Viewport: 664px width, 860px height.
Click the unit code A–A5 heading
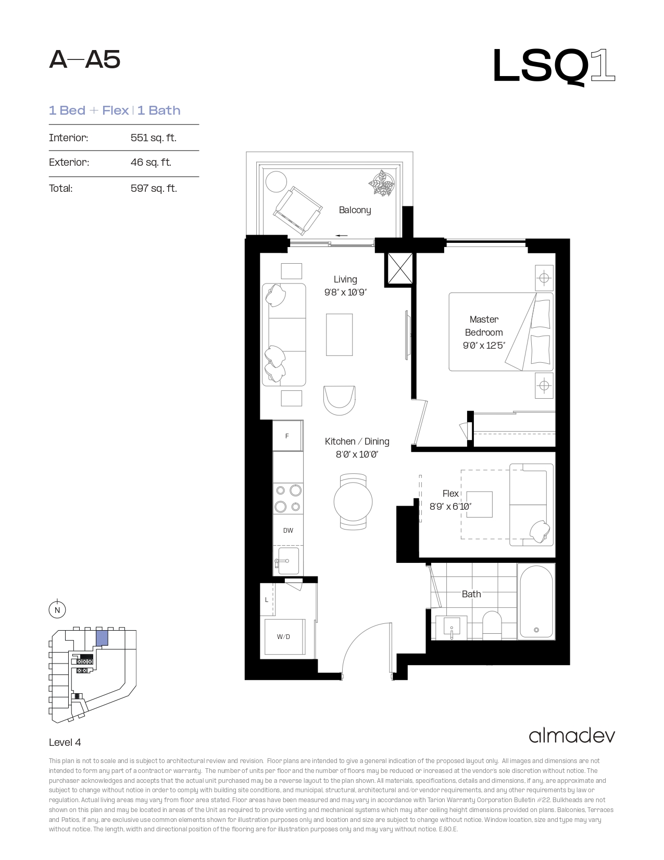(x=84, y=60)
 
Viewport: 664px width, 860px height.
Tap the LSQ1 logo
(x=554, y=66)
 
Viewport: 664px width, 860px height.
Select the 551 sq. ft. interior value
(x=154, y=138)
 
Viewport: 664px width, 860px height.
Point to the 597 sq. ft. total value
(x=154, y=188)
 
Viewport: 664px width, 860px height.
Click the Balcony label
(x=355, y=210)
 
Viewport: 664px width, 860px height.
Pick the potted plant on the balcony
(x=382, y=182)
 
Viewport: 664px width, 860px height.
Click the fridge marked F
(x=287, y=435)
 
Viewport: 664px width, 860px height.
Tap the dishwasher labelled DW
(x=288, y=530)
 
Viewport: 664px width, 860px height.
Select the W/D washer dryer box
(x=284, y=637)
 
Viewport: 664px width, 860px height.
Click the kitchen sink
(x=288, y=560)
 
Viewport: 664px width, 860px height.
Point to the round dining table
(x=353, y=501)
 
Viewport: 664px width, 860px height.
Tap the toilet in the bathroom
(x=492, y=625)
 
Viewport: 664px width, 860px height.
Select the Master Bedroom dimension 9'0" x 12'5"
(x=484, y=346)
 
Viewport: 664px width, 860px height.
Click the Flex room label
(x=450, y=494)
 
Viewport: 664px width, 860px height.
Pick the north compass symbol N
(x=57, y=610)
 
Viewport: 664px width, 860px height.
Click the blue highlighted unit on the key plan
(x=102, y=638)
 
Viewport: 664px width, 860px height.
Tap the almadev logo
(x=572, y=736)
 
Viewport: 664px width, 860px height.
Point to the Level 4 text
(x=65, y=742)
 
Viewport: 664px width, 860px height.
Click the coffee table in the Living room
(x=340, y=335)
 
